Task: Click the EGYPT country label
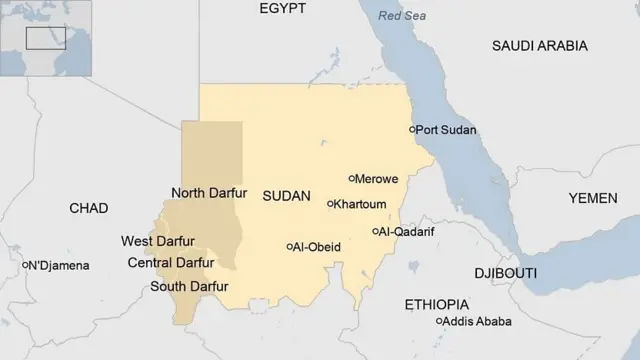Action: (x=282, y=9)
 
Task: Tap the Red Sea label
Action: (x=402, y=16)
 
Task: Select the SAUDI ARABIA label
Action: (x=539, y=46)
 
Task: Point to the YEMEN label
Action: (x=592, y=198)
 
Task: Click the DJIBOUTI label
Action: (x=505, y=273)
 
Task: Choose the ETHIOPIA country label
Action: (x=437, y=303)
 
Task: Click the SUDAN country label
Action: (x=286, y=196)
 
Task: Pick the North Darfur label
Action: (x=209, y=193)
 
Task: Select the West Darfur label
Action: (x=158, y=241)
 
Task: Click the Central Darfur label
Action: (x=171, y=263)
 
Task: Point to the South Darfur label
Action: (x=189, y=287)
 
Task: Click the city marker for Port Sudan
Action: (x=412, y=130)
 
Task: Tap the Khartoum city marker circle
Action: (x=331, y=204)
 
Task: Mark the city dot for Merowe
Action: (x=352, y=179)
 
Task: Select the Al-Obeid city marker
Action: (x=290, y=246)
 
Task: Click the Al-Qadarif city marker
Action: (x=375, y=231)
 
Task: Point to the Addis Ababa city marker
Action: (x=439, y=321)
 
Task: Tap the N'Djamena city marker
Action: (x=25, y=265)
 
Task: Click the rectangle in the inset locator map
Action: (x=45, y=38)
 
